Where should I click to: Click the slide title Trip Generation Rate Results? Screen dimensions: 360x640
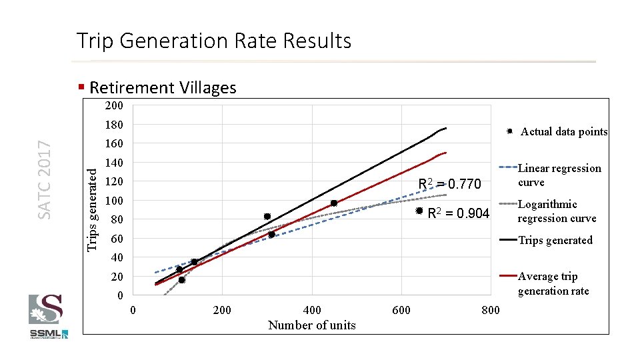213,41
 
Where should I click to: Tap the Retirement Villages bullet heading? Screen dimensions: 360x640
162,88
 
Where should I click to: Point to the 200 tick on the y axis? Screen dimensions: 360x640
114,106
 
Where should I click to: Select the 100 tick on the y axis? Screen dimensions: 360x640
114,201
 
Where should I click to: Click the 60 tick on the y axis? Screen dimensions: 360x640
117,239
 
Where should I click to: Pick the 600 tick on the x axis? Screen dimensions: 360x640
401,310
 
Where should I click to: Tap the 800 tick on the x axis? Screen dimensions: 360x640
491,310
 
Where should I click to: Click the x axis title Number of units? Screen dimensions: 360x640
311,325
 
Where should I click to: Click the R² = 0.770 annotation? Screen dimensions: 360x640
449,184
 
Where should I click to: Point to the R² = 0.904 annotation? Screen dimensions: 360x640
458,213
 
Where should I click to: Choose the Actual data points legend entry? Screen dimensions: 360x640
563,132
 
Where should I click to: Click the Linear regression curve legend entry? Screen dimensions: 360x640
559,175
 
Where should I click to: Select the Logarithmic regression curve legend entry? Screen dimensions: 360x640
556,211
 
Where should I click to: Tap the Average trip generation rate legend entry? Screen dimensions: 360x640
553,283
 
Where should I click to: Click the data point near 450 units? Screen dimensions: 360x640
334,203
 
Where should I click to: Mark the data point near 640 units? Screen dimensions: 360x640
419,211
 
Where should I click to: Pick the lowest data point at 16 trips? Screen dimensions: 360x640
181,280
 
